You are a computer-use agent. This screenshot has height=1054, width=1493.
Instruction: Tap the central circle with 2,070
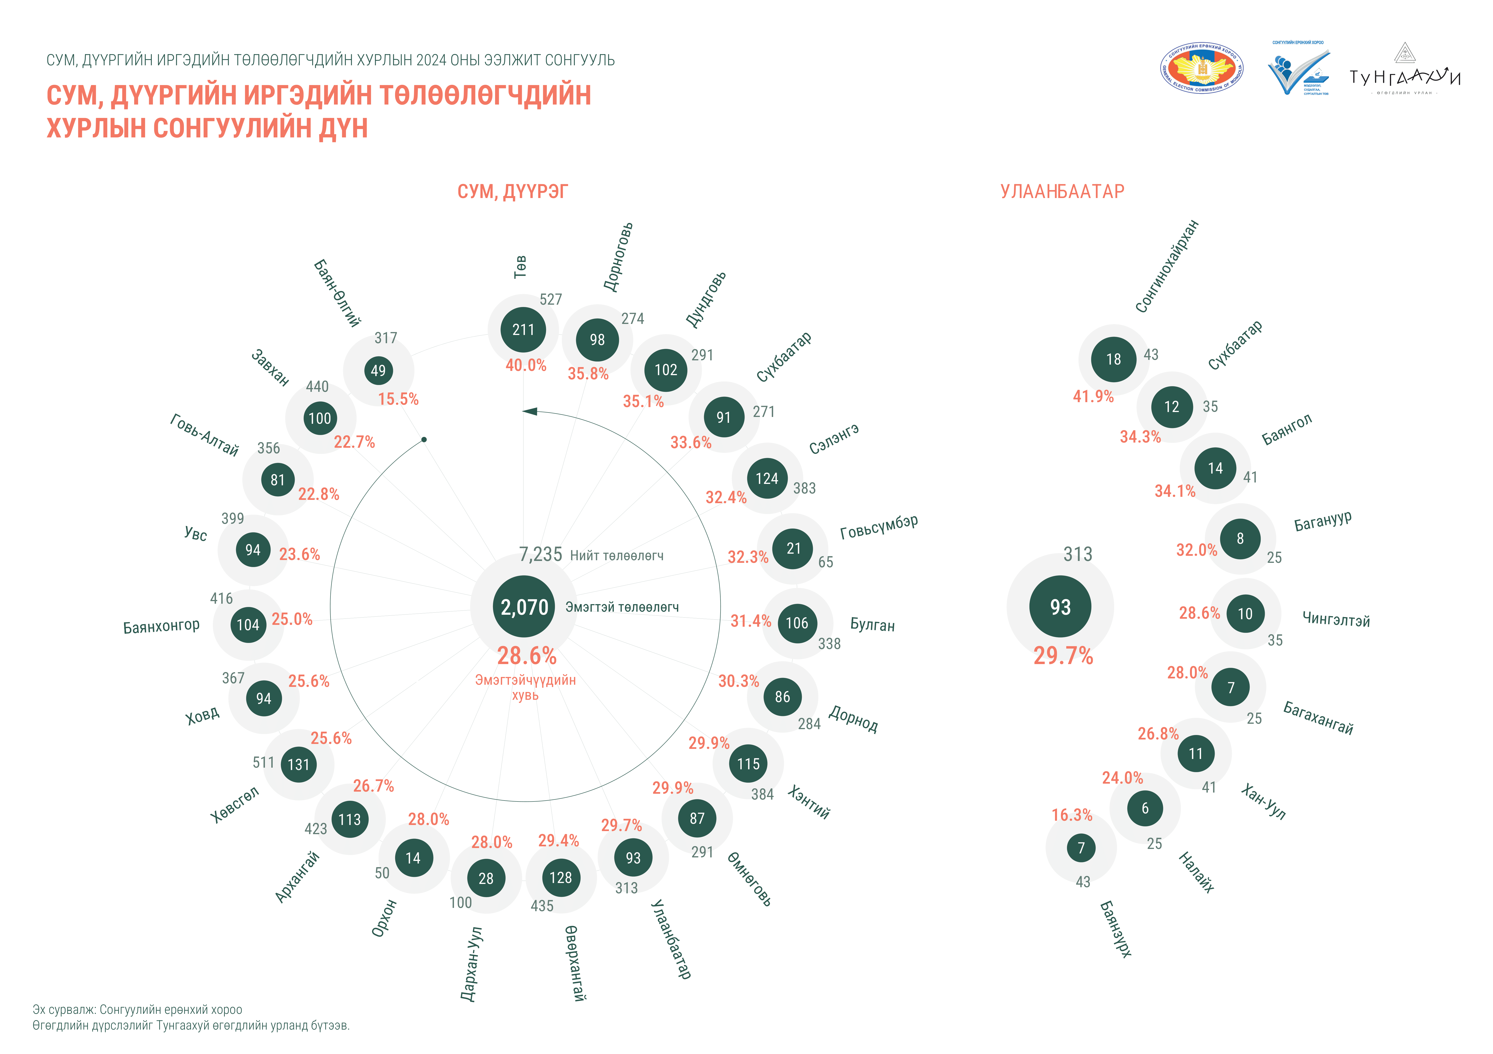coord(524,607)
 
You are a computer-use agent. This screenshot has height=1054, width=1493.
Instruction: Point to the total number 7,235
coord(540,555)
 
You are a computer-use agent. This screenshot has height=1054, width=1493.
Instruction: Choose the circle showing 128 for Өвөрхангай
coord(561,878)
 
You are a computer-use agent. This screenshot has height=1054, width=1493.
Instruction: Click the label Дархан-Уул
coord(471,964)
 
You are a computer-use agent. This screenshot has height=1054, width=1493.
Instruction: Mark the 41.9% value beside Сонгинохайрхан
coord(1093,397)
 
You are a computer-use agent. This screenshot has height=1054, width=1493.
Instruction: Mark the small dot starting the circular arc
coord(424,439)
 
